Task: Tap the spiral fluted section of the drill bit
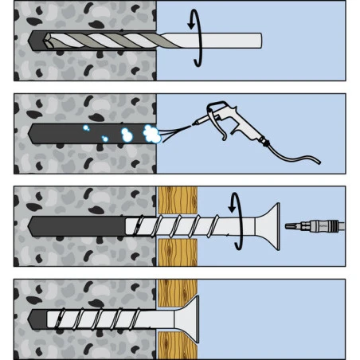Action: click(104, 40)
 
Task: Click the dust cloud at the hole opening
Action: click(149, 133)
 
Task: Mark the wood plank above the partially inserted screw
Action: click(176, 199)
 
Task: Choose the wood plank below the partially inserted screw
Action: click(176, 253)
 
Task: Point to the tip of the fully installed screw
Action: click(35, 319)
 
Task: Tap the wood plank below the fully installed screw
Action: click(176, 346)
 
